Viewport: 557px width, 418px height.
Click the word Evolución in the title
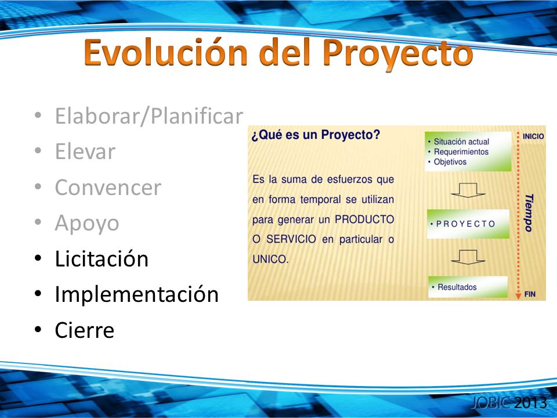pos(167,53)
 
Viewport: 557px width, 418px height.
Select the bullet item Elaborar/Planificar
pos(149,116)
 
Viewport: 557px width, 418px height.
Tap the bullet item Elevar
pos(85,152)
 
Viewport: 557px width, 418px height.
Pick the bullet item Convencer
pos(108,188)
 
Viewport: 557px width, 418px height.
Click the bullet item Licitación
pos(102,258)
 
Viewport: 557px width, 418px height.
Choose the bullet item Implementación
pos(136,295)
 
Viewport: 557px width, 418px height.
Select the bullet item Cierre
pos(85,330)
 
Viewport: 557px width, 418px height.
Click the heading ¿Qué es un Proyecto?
pos(316,135)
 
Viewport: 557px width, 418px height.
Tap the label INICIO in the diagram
pos(533,136)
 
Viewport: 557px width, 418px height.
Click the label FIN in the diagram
pos(530,294)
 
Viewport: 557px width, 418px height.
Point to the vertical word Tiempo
pos(529,212)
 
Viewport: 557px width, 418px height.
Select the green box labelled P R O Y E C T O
pos(468,224)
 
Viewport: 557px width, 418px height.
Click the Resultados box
pos(468,287)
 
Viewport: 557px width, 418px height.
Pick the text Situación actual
pos(461,142)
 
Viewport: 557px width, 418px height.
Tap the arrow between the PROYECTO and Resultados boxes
pos(468,257)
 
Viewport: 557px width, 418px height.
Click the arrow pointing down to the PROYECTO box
pos(468,190)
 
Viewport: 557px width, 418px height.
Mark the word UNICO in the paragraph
pos(270,259)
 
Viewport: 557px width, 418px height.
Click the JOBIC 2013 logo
pos(509,403)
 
